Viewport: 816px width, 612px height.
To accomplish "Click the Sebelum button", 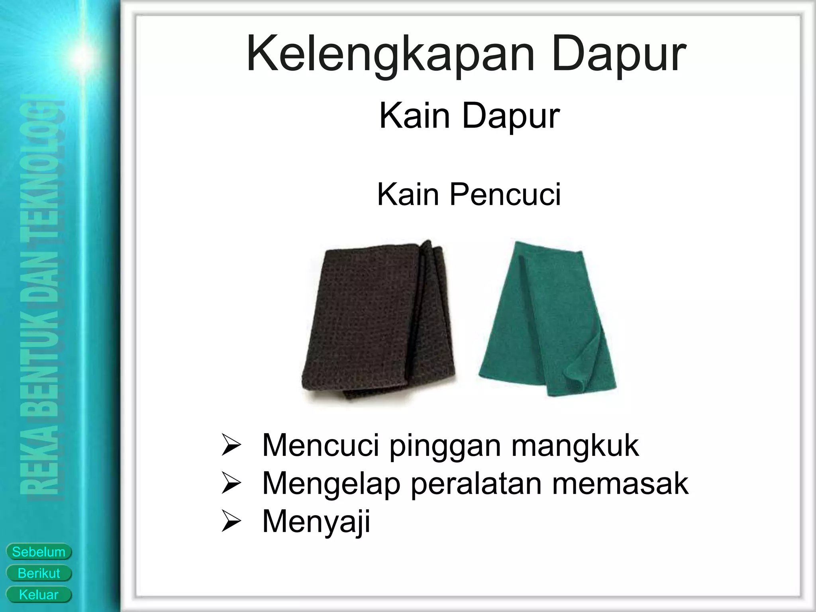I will pyautogui.click(x=39, y=552).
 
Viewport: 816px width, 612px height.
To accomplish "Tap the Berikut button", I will pyautogui.click(x=39, y=573).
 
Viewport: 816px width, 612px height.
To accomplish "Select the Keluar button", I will pyautogui.click(x=39, y=595).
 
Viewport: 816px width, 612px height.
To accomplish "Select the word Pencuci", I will pyautogui.click(x=505, y=195).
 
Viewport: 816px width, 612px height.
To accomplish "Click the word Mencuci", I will pyautogui.click(x=320, y=446).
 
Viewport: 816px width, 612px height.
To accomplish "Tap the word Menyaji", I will pyautogui.click(x=316, y=521).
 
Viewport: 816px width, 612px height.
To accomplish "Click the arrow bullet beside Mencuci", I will pyautogui.click(x=231, y=447).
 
